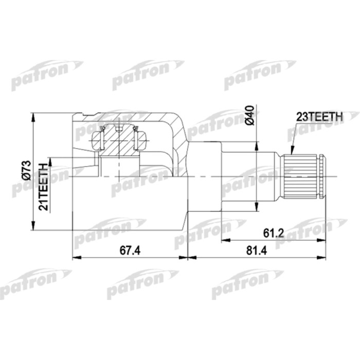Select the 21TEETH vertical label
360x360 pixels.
(44, 186)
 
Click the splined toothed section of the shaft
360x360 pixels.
(299, 176)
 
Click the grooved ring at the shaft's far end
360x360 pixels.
(321, 176)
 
